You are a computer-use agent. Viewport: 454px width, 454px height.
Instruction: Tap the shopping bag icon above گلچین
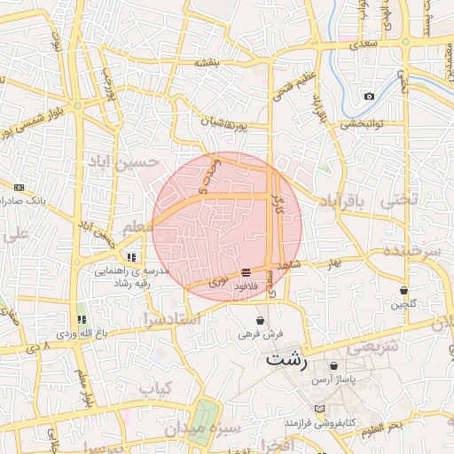404,290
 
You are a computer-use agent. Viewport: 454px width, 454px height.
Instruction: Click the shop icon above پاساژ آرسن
333,365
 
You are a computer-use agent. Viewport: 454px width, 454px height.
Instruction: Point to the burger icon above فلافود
245,272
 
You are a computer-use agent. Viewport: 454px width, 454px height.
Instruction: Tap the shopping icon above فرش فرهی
260,320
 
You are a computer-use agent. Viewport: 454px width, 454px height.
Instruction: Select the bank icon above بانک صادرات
20,187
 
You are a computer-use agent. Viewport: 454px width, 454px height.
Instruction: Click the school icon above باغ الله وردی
81,319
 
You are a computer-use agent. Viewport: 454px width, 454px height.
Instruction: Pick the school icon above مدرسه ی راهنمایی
132,256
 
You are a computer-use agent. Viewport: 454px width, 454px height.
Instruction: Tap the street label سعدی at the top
364,43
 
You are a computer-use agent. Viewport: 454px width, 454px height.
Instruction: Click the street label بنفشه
206,63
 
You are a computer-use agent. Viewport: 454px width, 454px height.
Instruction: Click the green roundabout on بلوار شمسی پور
77,106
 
